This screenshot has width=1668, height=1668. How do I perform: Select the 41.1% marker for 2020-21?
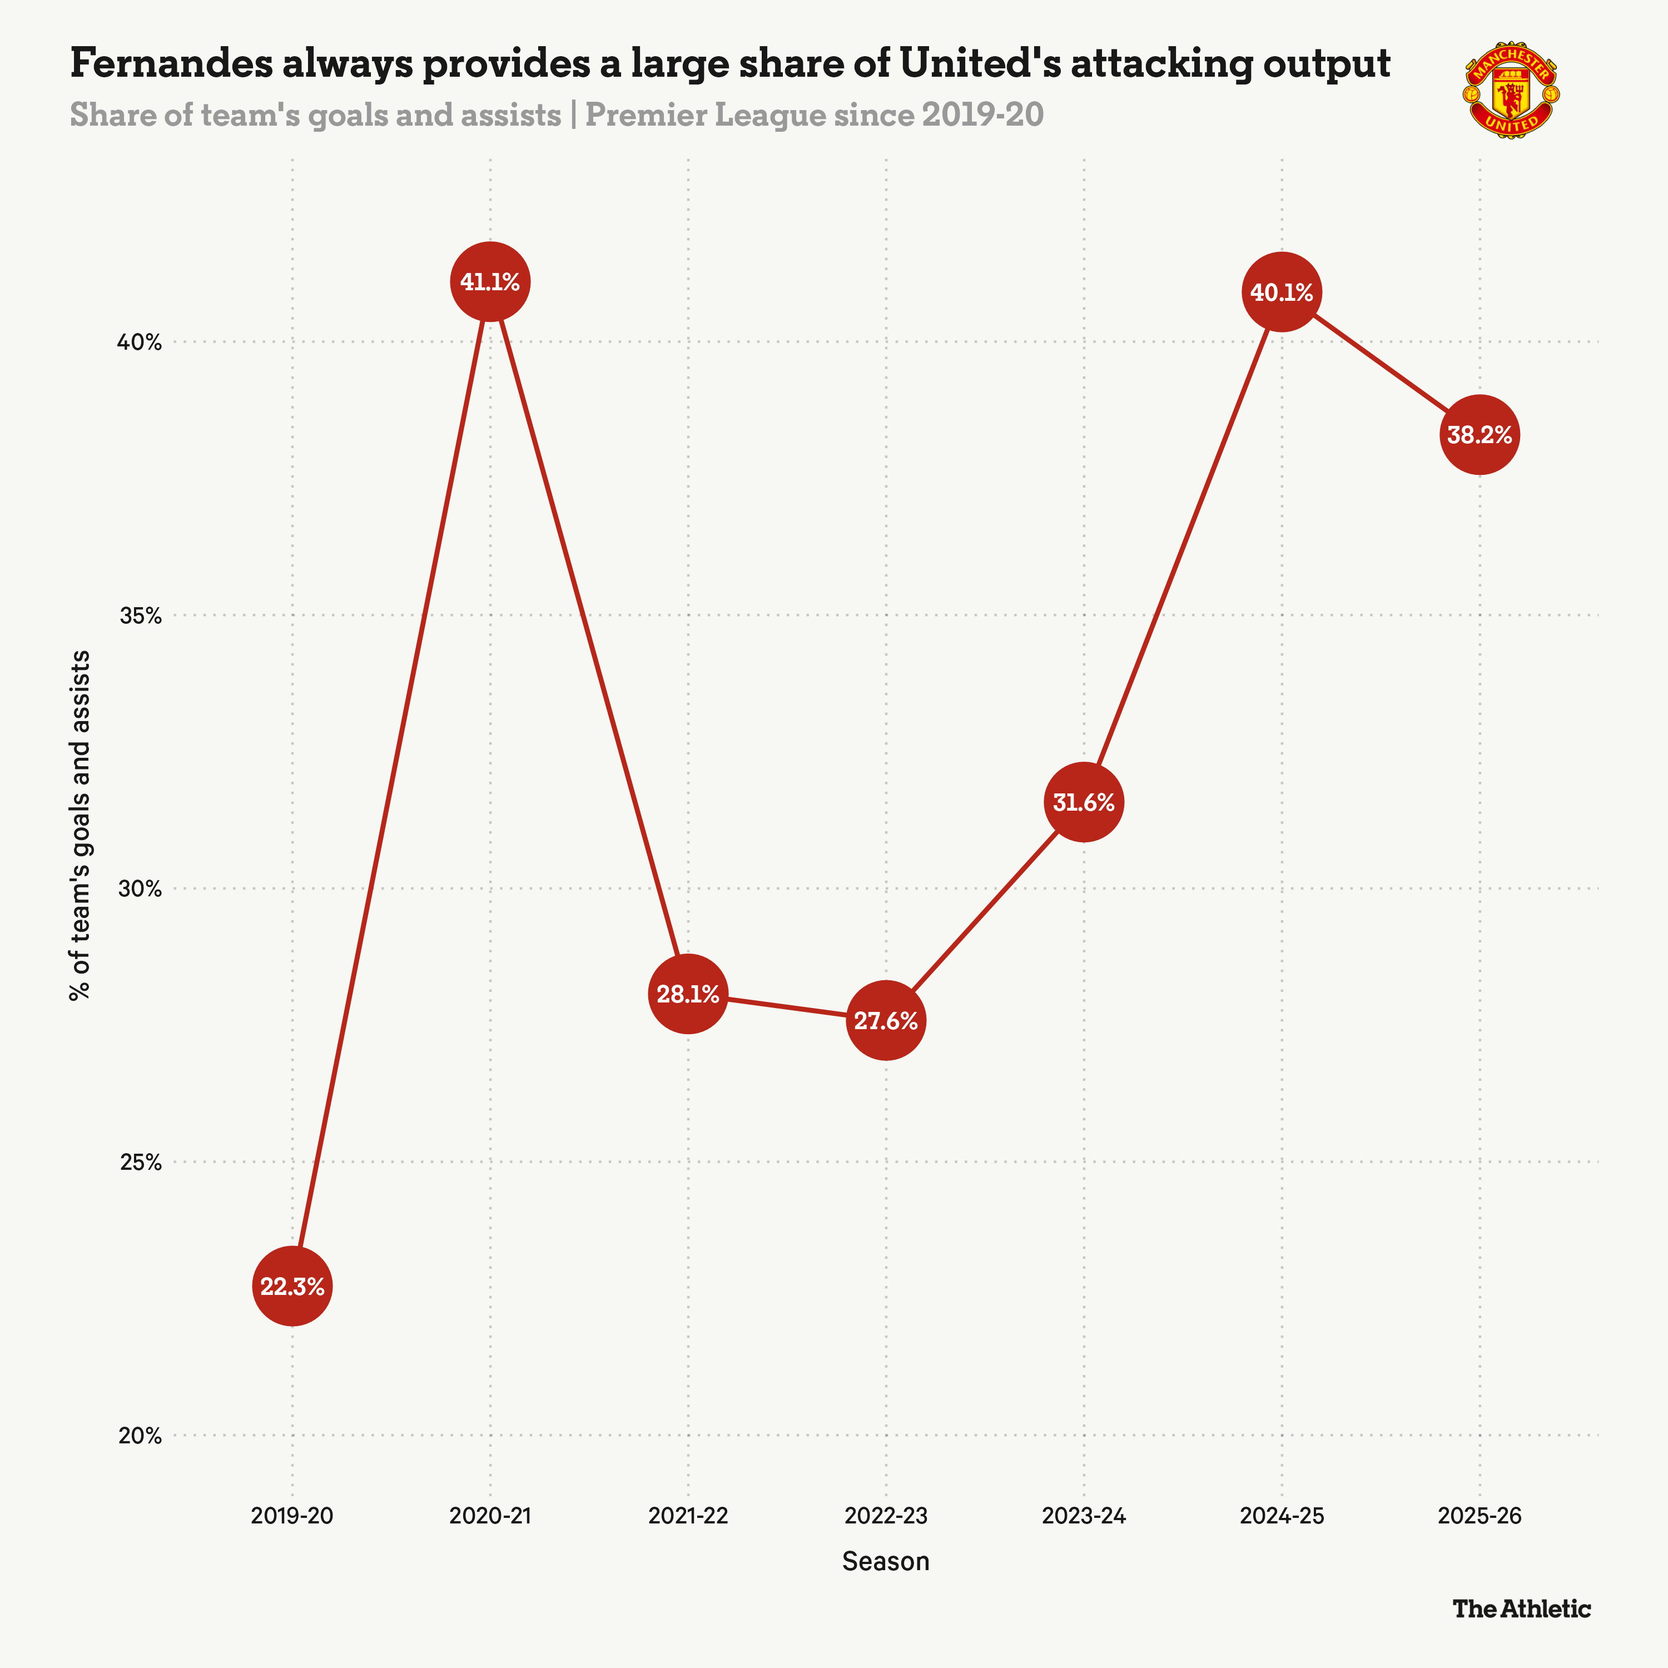click(489, 281)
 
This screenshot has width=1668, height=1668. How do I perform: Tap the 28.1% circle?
click(687, 994)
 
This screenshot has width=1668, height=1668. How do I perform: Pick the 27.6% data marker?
click(886, 1020)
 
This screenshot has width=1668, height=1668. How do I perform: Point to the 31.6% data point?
click(1084, 802)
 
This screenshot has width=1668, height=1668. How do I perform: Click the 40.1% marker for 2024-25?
click(1281, 292)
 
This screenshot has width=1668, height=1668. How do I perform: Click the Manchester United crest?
click(1511, 90)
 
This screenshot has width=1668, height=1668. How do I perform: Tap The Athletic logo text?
click(1521, 1609)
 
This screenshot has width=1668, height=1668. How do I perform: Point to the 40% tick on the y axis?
click(139, 342)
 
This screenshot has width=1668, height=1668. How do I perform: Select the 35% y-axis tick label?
click(139, 615)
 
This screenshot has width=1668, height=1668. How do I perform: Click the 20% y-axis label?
click(139, 1436)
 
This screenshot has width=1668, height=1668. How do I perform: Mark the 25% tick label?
click(139, 1162)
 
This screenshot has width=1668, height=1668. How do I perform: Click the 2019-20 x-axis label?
click(292, 1516)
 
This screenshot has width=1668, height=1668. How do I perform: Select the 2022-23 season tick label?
click(886, 1516)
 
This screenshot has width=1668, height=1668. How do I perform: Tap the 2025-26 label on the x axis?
click(1479, 1516)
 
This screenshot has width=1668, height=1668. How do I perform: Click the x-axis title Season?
click(886, 1561)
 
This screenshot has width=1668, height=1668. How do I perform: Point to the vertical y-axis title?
click(80, 825)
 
